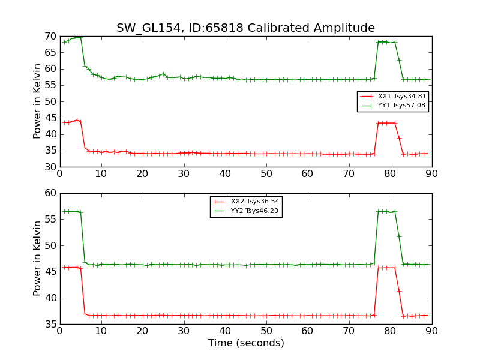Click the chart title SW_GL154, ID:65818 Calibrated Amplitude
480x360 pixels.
(245, 28)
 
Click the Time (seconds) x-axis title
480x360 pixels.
(246, 343)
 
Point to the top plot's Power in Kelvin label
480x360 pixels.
(37, 101)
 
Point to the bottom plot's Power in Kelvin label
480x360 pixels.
(37, 258)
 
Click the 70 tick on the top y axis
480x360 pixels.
(50, 36)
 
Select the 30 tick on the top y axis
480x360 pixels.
(50, 167)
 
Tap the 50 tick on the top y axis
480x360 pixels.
(50, 101)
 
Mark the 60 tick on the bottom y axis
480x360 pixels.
(50, 193)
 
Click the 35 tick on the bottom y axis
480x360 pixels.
(50, 324)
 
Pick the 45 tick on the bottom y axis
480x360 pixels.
(50, 272)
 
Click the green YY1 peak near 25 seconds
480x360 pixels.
(163, 74)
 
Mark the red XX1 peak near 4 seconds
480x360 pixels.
(76, 120)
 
